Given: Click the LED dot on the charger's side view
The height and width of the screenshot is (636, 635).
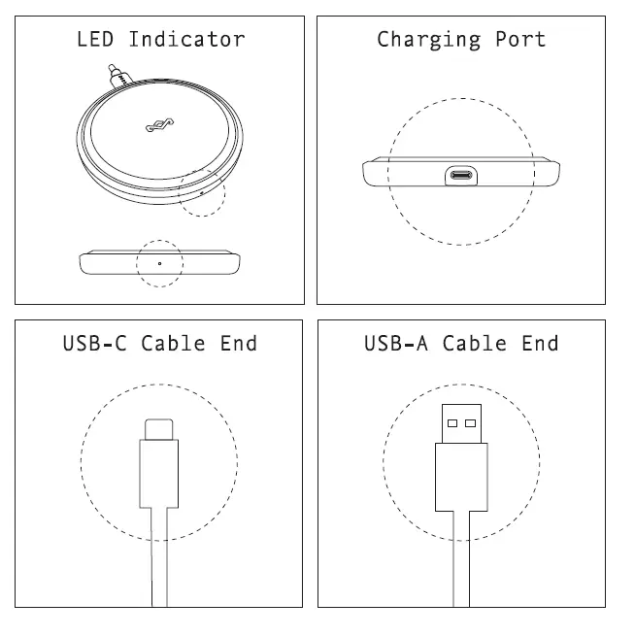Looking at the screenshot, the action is (159, 263).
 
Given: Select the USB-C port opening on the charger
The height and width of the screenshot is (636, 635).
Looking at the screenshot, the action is (460, 176).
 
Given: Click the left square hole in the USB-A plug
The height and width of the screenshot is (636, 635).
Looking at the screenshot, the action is (451, 422).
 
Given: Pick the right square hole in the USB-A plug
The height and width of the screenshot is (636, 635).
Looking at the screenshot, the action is (471, 422).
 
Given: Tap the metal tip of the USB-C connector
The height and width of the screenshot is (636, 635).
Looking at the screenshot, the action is (159, 428).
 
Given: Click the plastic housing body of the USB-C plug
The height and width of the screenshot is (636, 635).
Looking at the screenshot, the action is (159, 473).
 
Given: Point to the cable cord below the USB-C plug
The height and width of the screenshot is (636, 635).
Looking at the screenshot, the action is (159, 563).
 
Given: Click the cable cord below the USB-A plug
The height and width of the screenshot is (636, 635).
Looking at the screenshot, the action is (461, 563).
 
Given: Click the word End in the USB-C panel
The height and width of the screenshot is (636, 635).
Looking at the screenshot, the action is (239, 343).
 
